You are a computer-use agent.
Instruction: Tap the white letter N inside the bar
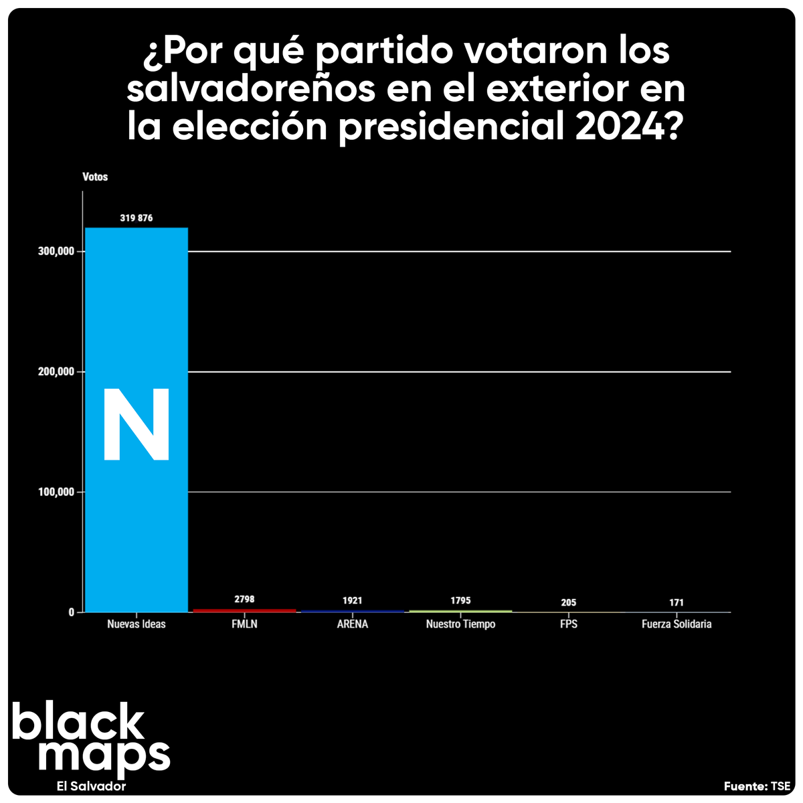click(137, 425)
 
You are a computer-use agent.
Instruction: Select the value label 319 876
click(137, 218)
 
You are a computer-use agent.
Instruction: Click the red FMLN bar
click(244, 610)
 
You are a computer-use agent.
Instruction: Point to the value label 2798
click(244, 600)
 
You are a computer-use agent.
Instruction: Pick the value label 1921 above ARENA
click(352, 601)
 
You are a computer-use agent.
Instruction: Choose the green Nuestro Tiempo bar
click(460, 611)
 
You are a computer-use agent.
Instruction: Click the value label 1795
click(460, 601)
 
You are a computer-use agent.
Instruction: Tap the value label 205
click(569, 603)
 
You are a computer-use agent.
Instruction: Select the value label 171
click(677, 603)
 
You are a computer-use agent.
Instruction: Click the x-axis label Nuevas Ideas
click(137, 624)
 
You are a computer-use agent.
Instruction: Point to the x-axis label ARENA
click(352, 624)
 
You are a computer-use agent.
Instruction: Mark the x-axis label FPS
click(569, 624)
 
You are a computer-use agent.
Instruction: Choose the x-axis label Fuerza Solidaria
click(677, 624)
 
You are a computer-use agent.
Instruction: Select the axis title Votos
click(95, 177)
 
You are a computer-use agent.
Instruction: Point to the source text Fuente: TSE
click(757, 786)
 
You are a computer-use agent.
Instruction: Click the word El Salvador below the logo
click(92, 786)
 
